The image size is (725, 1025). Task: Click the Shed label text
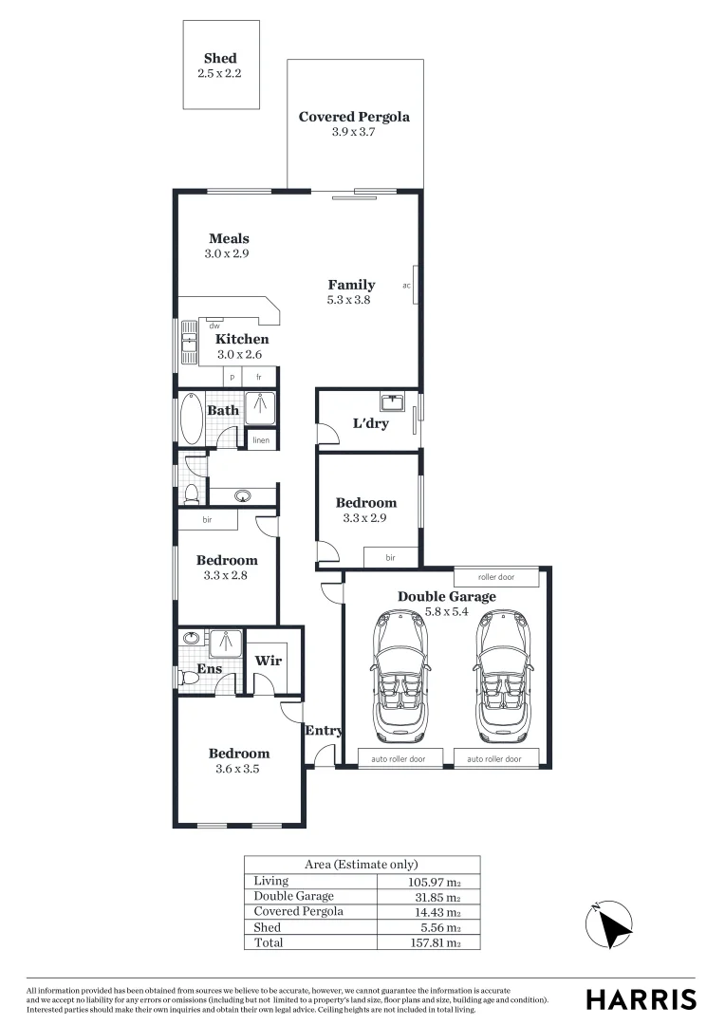220,59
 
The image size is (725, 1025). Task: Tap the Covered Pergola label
354,118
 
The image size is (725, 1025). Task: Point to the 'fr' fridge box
258,377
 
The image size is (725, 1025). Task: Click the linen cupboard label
260,440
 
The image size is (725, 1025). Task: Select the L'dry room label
370,423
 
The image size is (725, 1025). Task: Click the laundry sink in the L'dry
392,403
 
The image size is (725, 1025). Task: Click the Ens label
209,669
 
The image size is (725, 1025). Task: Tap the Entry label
324,731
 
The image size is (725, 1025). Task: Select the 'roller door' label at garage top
496,577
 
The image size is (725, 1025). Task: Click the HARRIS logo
641,999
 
